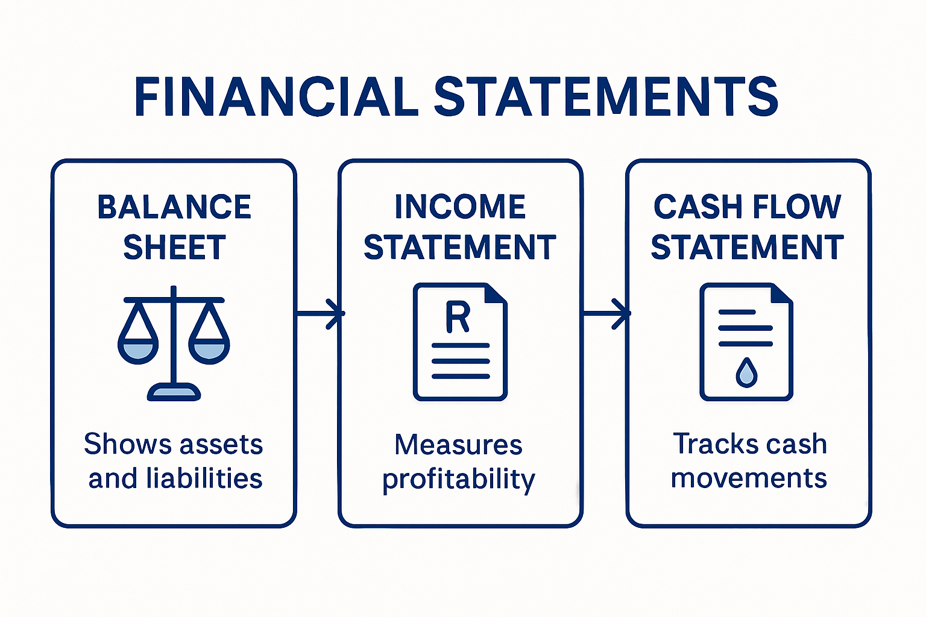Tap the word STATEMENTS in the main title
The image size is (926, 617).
pos(605,96)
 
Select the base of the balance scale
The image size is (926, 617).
pos(174,393)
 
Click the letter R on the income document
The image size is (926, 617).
pos(458,318)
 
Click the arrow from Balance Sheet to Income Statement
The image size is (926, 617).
pos(320,313)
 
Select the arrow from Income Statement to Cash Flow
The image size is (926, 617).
pos(606,313)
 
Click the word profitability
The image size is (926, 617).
pos(459,480)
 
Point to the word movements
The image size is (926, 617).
pos(749,478)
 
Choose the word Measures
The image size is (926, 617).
pos(458,445)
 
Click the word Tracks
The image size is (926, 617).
pos(707,444)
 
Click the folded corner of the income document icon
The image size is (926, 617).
pos(495,295)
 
